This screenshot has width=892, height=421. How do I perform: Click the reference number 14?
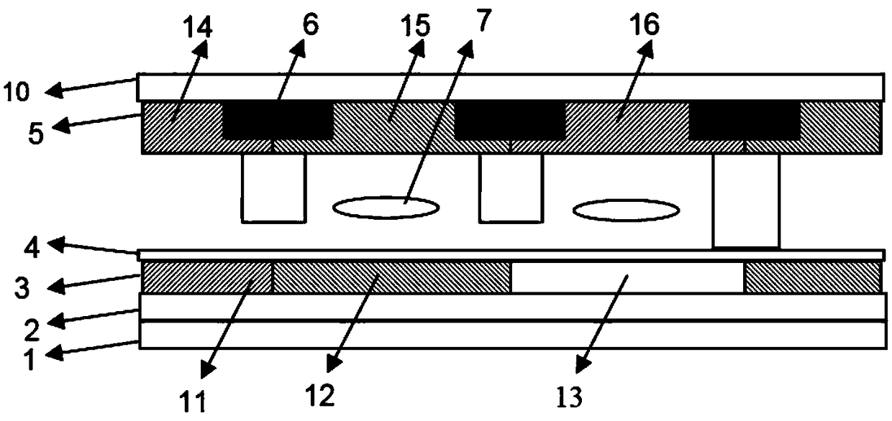(198, 28)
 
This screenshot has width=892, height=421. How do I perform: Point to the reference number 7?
(480, 22)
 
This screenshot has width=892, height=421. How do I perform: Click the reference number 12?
(319, 394)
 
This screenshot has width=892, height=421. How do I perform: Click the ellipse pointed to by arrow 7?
(386, 207)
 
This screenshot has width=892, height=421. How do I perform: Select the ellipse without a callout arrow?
(626, 210)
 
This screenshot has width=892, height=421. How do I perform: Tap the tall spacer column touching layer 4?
(745, 201)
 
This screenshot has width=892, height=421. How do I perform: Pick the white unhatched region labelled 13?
(627, 277)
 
